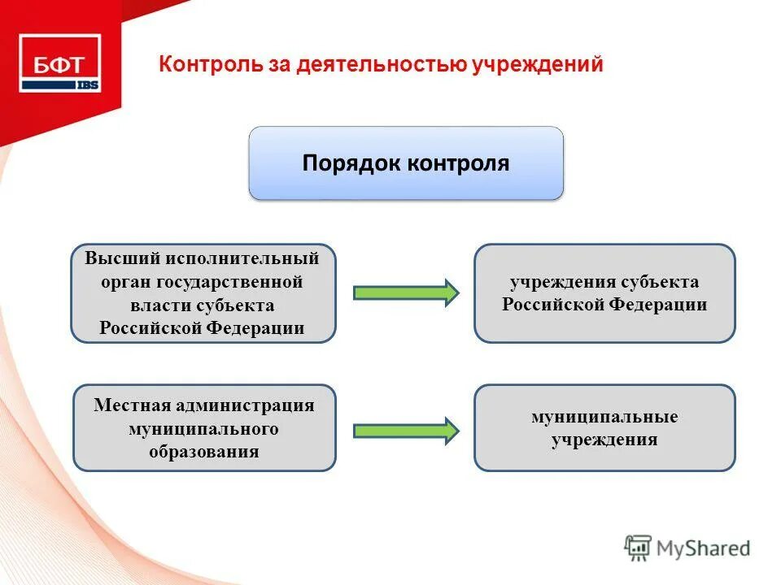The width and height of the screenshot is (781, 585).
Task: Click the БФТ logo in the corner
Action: (x=59, y=63)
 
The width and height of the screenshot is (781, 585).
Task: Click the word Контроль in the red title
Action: (x=211, y=64)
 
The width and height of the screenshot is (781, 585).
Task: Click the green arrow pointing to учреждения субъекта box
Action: (x=405, y=292)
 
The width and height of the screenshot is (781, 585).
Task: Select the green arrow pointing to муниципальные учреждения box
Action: (x=405, y=430)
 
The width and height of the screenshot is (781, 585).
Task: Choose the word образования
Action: (x=203, y=452)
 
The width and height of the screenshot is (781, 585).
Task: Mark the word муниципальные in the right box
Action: (x=604, y=417)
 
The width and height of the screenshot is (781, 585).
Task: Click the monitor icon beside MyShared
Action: (x=639, y=548)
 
